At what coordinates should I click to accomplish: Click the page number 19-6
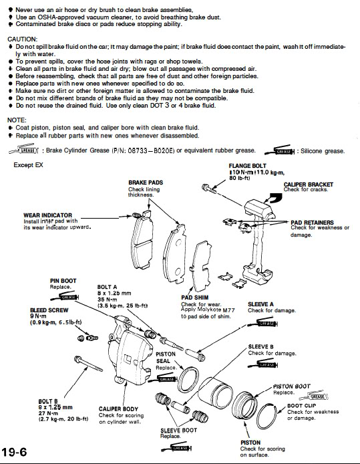(14, 452)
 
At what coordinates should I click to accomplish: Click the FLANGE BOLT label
(247, 166)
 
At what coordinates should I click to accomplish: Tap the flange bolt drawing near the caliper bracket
(209, 188)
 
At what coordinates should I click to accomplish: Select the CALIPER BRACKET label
(309, 185)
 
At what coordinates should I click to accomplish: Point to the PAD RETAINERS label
(312, 223)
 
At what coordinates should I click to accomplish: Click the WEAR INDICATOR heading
(48, 215)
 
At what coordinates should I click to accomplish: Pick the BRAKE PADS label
(146, 183)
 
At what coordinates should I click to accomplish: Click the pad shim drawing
(200, 265)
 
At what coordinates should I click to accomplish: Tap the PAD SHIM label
(195, 298)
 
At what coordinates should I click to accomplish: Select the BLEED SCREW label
(49, 310)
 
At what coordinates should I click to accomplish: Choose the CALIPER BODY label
(118, 409)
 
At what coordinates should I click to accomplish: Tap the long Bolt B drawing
(89, 364)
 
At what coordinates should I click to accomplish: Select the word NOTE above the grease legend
(17, 120)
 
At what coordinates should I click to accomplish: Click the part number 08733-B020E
(151, 150)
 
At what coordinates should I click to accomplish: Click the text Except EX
(28, 165)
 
